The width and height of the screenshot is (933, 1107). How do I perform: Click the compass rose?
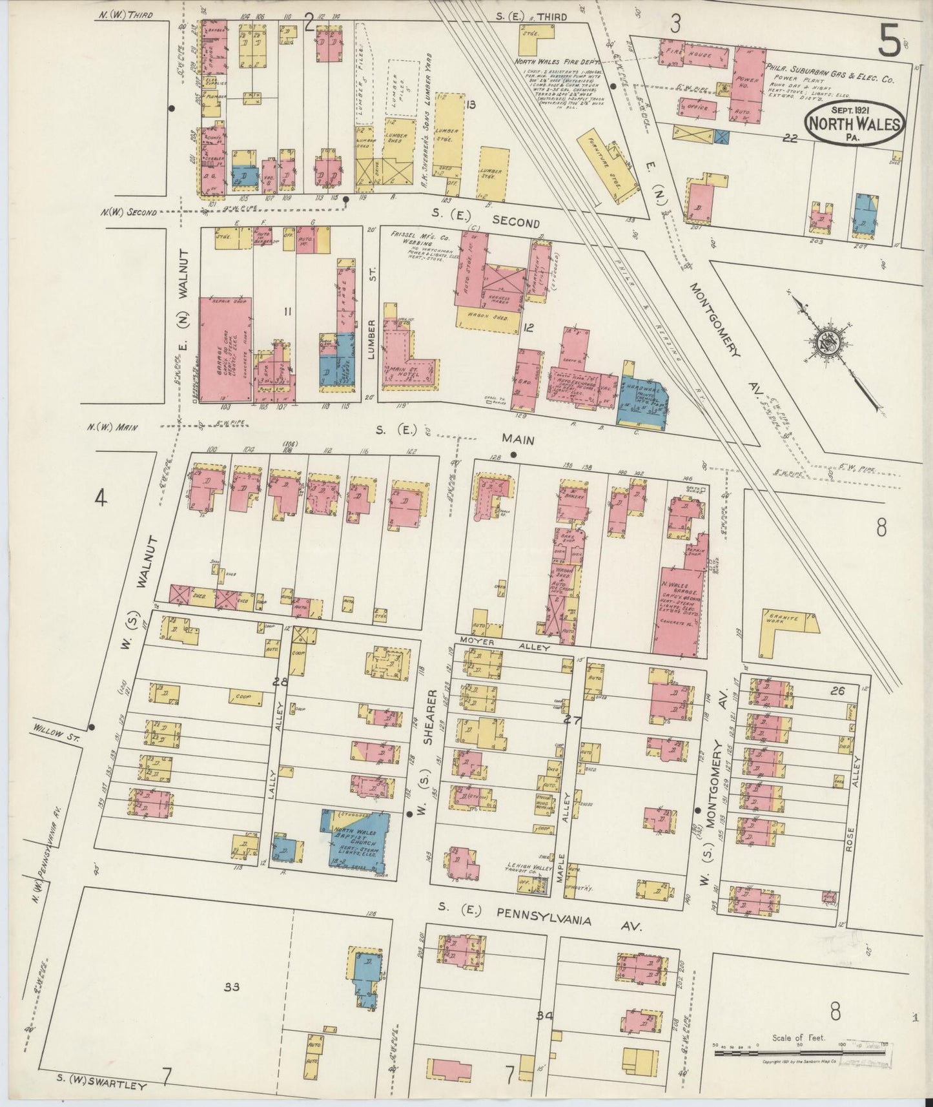click(828, 349)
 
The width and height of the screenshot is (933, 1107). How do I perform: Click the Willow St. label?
click(54, 734)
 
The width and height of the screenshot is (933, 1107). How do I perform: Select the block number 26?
click(837, 691)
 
